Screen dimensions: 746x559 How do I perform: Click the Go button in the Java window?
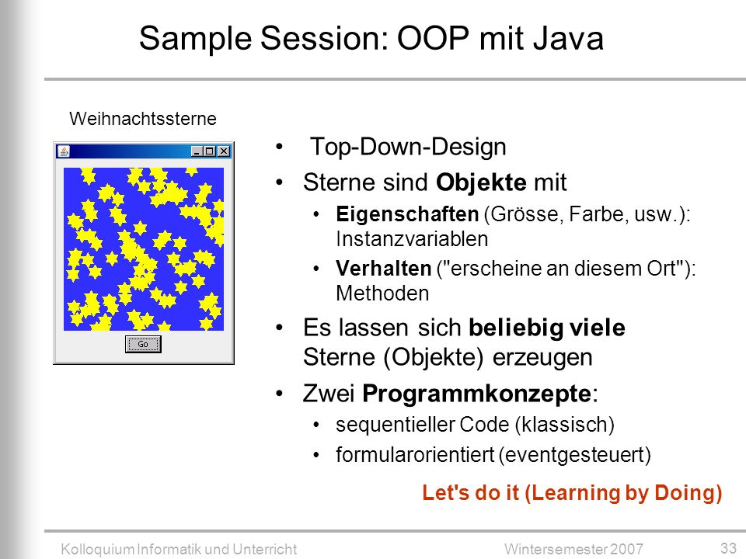pos(143,344)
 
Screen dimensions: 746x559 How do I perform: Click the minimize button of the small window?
pos(197,151)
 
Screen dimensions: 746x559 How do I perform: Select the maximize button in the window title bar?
pos(209,151)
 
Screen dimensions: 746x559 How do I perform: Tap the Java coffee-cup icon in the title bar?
pos(63,151)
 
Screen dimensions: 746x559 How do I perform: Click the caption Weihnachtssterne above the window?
pos(143,118)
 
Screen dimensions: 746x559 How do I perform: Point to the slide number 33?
pos(728,547)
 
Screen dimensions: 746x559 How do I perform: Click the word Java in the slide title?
pos(568,38)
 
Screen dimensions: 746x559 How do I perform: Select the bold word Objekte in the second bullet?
pos(481,182)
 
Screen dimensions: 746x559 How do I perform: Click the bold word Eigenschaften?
pos(407,214)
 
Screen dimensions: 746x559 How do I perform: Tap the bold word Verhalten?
pos(383,268)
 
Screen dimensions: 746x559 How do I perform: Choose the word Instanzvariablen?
pos(412,239)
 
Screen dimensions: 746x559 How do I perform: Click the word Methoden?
pos(382,293)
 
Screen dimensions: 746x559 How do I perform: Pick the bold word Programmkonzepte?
pos(476,394)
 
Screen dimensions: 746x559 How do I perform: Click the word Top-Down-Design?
pos(408,147)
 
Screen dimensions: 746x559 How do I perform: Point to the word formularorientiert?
pos(415,455)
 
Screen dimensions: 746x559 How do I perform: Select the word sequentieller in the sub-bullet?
pos(395,425)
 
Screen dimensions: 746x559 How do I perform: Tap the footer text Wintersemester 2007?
pos(573,549)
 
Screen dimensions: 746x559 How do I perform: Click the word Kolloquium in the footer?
pos(98,550)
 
